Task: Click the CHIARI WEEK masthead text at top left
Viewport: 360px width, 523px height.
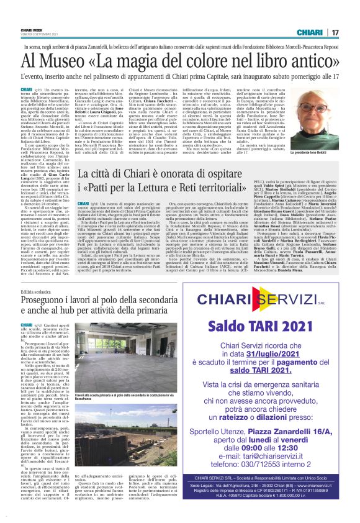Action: [31, 28]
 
